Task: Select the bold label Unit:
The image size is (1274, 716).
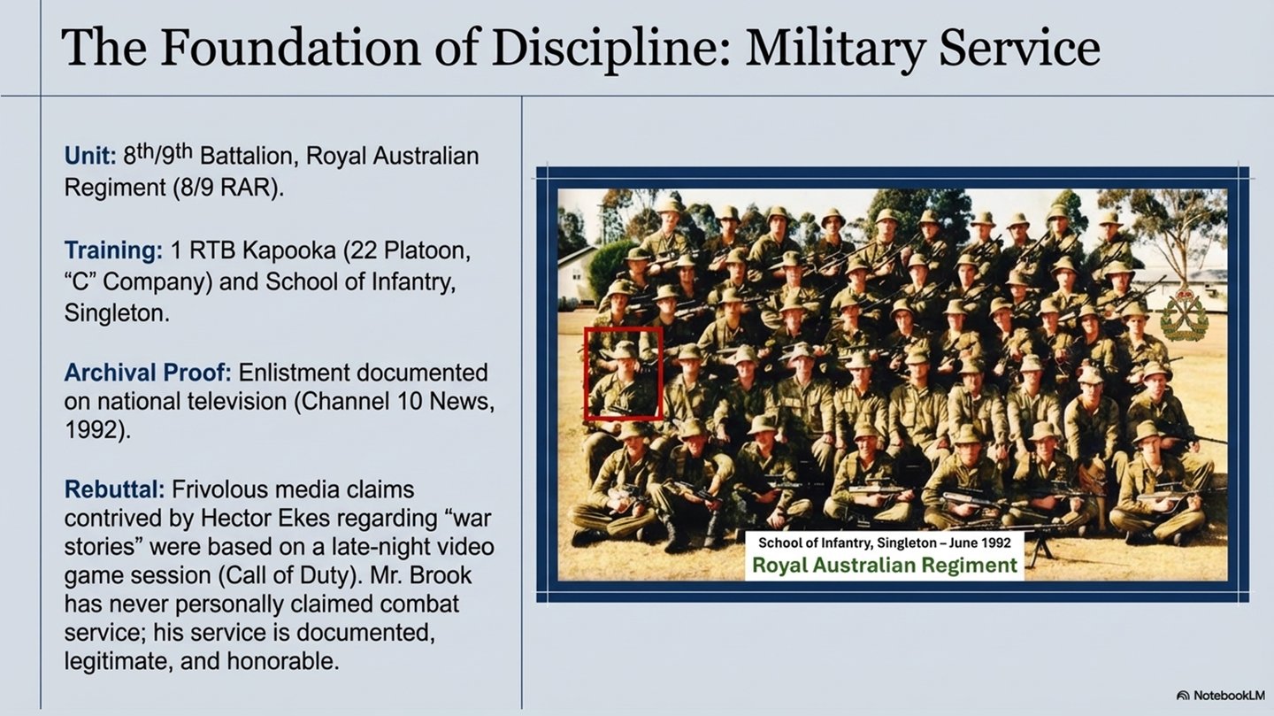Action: coord(89,157)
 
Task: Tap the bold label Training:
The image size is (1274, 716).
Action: coord(113,250)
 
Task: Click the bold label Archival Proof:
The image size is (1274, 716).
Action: coord(147,373)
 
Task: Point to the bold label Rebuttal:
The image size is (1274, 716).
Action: coord(114,489)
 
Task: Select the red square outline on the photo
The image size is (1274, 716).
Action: coord(623,373)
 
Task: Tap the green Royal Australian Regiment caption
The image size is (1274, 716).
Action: coord(885,566)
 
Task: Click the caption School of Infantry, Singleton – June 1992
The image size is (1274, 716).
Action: coord(885,542)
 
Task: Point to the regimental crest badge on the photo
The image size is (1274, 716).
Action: coord(1184,316)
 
